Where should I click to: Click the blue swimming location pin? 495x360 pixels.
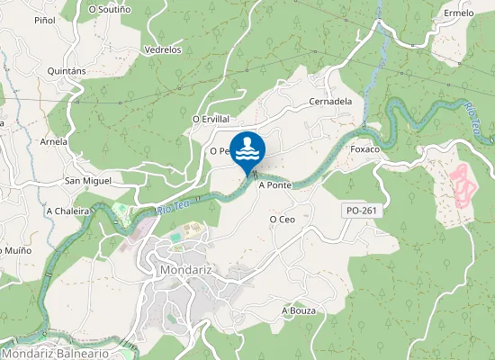point(247,148)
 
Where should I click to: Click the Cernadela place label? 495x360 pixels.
point(329,102)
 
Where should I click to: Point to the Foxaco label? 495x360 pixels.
point(365,148)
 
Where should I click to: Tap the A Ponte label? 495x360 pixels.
point(275,185)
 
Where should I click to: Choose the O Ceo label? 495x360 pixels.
point(283,219)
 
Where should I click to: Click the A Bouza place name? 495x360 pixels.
point(299,310)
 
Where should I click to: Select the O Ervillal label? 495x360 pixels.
point(211,119)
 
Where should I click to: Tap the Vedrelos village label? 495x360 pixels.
point(163,50)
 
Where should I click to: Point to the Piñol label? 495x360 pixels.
point(44,20)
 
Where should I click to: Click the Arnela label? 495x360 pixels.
point(54,141)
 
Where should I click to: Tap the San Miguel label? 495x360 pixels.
point(88,181)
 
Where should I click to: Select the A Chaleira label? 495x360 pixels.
point(68,211)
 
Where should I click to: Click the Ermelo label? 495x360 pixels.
point(459,13)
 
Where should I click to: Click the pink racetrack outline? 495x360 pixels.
point(462,184)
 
